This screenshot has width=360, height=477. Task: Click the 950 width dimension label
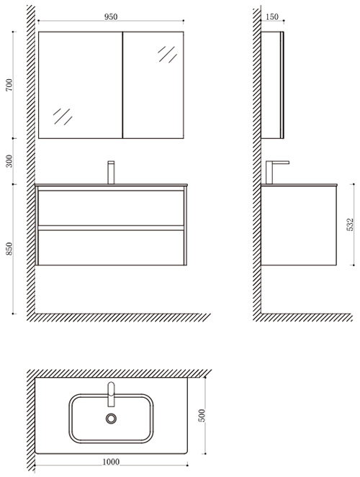(x=111, y=17)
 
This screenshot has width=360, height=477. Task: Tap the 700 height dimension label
(x=9, y=85)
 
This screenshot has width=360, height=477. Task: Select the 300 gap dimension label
(x=9, y=161)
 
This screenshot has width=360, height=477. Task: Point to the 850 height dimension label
(x=9, y=248)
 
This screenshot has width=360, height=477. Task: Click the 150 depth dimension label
(x=272, y=17)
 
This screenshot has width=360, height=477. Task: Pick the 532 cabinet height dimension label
(x=350, y=224)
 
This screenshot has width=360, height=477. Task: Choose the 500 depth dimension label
(x=202, y=416)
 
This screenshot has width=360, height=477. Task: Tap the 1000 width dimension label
(x=111, y=462)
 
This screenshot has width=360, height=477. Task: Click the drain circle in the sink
(x=111, y=419)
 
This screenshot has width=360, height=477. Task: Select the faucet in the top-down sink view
(x=112, y=394)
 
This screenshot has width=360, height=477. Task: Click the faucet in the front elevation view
(x=111, y=173)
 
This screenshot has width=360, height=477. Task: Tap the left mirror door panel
(x=81, y=85)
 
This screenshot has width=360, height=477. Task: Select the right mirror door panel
(x=153, y=85)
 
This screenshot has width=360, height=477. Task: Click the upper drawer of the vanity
(x=111, y=208)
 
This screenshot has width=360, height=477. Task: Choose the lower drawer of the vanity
(x=111, y=247)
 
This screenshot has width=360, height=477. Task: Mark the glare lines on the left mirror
(x=63, y=117)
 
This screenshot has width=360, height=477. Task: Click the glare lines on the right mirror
(x=167, y=54)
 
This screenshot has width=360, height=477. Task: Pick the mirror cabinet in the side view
(x=272, y=85)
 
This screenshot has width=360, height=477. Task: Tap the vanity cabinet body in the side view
(x=299, y=225)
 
